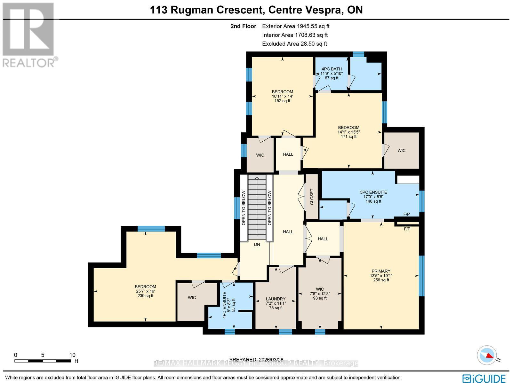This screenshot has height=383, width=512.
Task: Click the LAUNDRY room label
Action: [276, 299]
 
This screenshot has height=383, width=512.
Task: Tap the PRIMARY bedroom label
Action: [381, 271]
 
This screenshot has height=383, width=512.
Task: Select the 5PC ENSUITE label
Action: [373, 192]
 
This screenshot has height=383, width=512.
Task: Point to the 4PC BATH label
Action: [332, 69]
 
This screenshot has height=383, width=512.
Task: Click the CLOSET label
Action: [312, 197]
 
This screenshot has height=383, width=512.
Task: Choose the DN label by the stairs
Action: [257, 245]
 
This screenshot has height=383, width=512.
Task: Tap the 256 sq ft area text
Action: [381, 280]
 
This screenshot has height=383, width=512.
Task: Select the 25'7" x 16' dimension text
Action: [145, 291]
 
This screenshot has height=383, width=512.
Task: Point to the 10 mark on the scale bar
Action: [72, 355]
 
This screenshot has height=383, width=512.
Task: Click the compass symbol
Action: [486, 355]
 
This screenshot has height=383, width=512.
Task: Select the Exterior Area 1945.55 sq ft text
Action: [295, 27]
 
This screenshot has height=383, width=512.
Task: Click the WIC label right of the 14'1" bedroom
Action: [401, 151]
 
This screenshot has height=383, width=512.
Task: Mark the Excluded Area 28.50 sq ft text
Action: [294, 44]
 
